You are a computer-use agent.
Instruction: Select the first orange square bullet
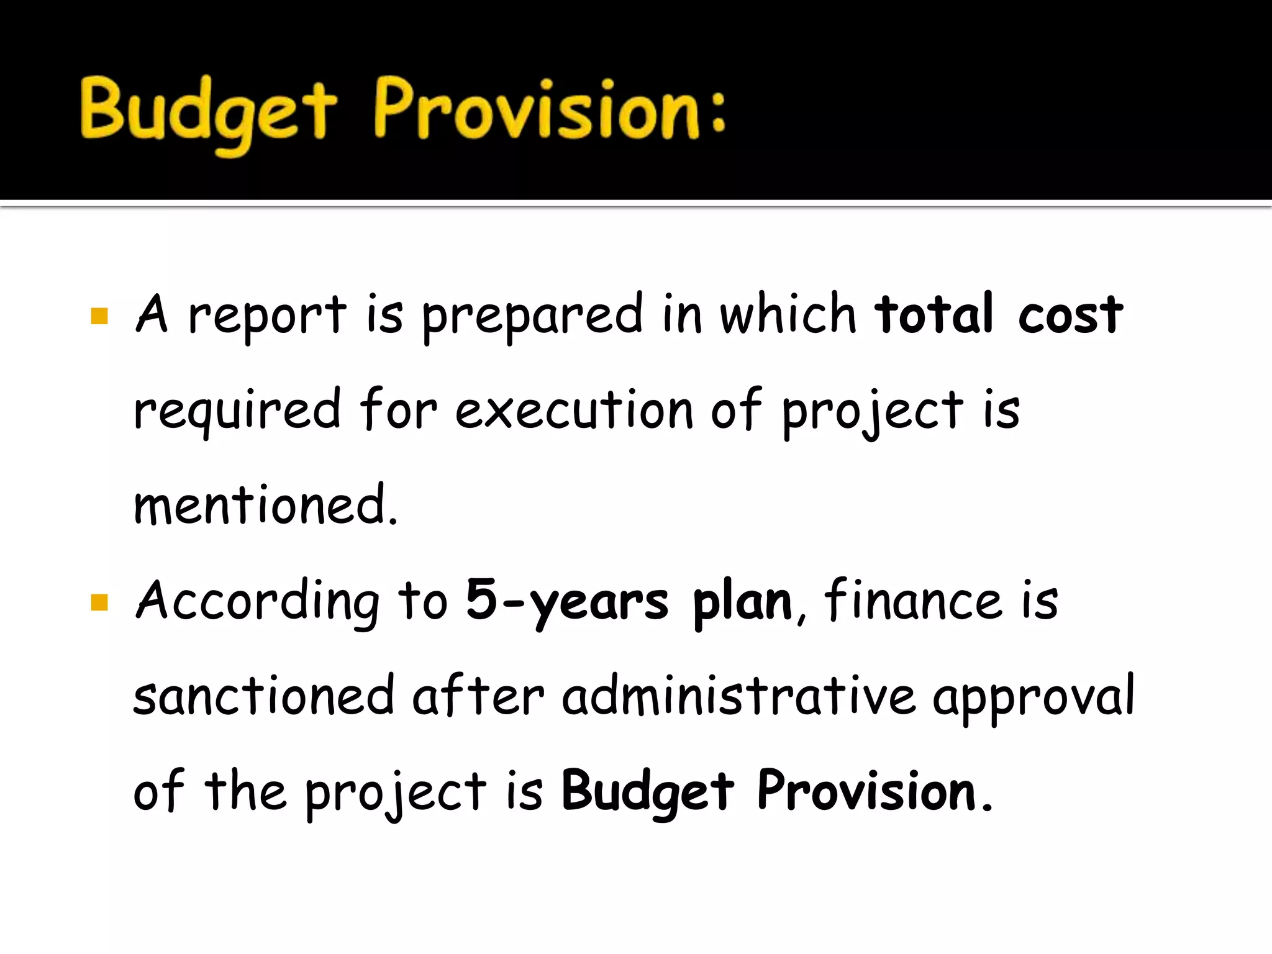[x=99, y=316]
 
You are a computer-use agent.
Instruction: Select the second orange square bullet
[x=99, y=602]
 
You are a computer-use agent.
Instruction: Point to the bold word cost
[x=1070, y=316]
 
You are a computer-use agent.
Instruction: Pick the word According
[x=257, y=601]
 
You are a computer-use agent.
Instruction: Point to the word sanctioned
[x=264, y=696]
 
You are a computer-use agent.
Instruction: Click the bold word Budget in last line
[x=648, y=792]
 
